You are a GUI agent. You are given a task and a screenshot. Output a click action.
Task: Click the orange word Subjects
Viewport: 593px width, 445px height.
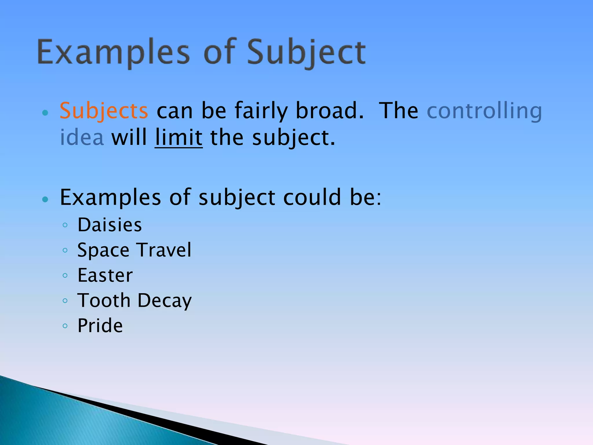pos(104,111)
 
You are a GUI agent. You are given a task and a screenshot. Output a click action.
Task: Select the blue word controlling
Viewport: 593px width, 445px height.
pos(484,111)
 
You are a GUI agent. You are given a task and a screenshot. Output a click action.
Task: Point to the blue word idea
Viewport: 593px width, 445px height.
pos(82,138)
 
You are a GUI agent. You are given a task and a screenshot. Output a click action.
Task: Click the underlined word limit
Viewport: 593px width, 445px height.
pos(178,138)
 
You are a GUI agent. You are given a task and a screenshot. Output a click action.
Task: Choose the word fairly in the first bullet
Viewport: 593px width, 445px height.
pos(261,111)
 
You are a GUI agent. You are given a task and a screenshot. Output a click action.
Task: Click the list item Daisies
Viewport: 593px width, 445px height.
pos(110,225)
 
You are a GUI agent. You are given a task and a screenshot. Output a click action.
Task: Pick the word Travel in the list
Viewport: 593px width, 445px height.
pos(164,250)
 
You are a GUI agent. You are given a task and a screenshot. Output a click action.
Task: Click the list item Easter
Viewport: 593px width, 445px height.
pos(105,275)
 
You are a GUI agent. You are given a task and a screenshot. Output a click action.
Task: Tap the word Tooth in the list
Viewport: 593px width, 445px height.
pos(104,300)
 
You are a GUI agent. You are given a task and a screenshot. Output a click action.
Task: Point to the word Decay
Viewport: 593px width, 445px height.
pos(164,300)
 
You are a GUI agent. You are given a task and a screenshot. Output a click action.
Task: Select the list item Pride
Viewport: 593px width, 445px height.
pos(100,326)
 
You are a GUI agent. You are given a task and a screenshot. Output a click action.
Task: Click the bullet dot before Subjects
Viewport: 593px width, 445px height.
pos(45,113)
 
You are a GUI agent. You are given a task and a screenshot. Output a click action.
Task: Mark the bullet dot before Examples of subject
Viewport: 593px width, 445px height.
pos(45,199)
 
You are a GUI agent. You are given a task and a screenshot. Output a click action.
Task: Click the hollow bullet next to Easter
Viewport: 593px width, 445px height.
pos(65,276)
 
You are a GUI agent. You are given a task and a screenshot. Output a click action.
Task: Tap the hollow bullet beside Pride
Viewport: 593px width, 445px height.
pos(65,326)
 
